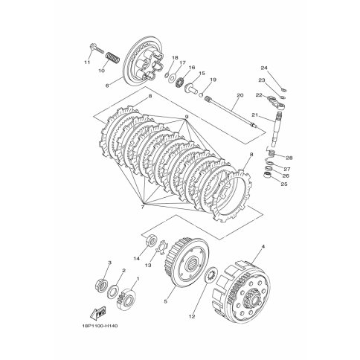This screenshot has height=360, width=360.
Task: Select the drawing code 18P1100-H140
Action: pos(99,326)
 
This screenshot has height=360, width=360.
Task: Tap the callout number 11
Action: pos(87,62)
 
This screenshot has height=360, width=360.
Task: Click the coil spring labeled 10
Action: pos(113,57)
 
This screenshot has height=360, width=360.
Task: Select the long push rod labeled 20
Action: pos(231,113)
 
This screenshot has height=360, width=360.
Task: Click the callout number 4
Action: pos(263,246)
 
